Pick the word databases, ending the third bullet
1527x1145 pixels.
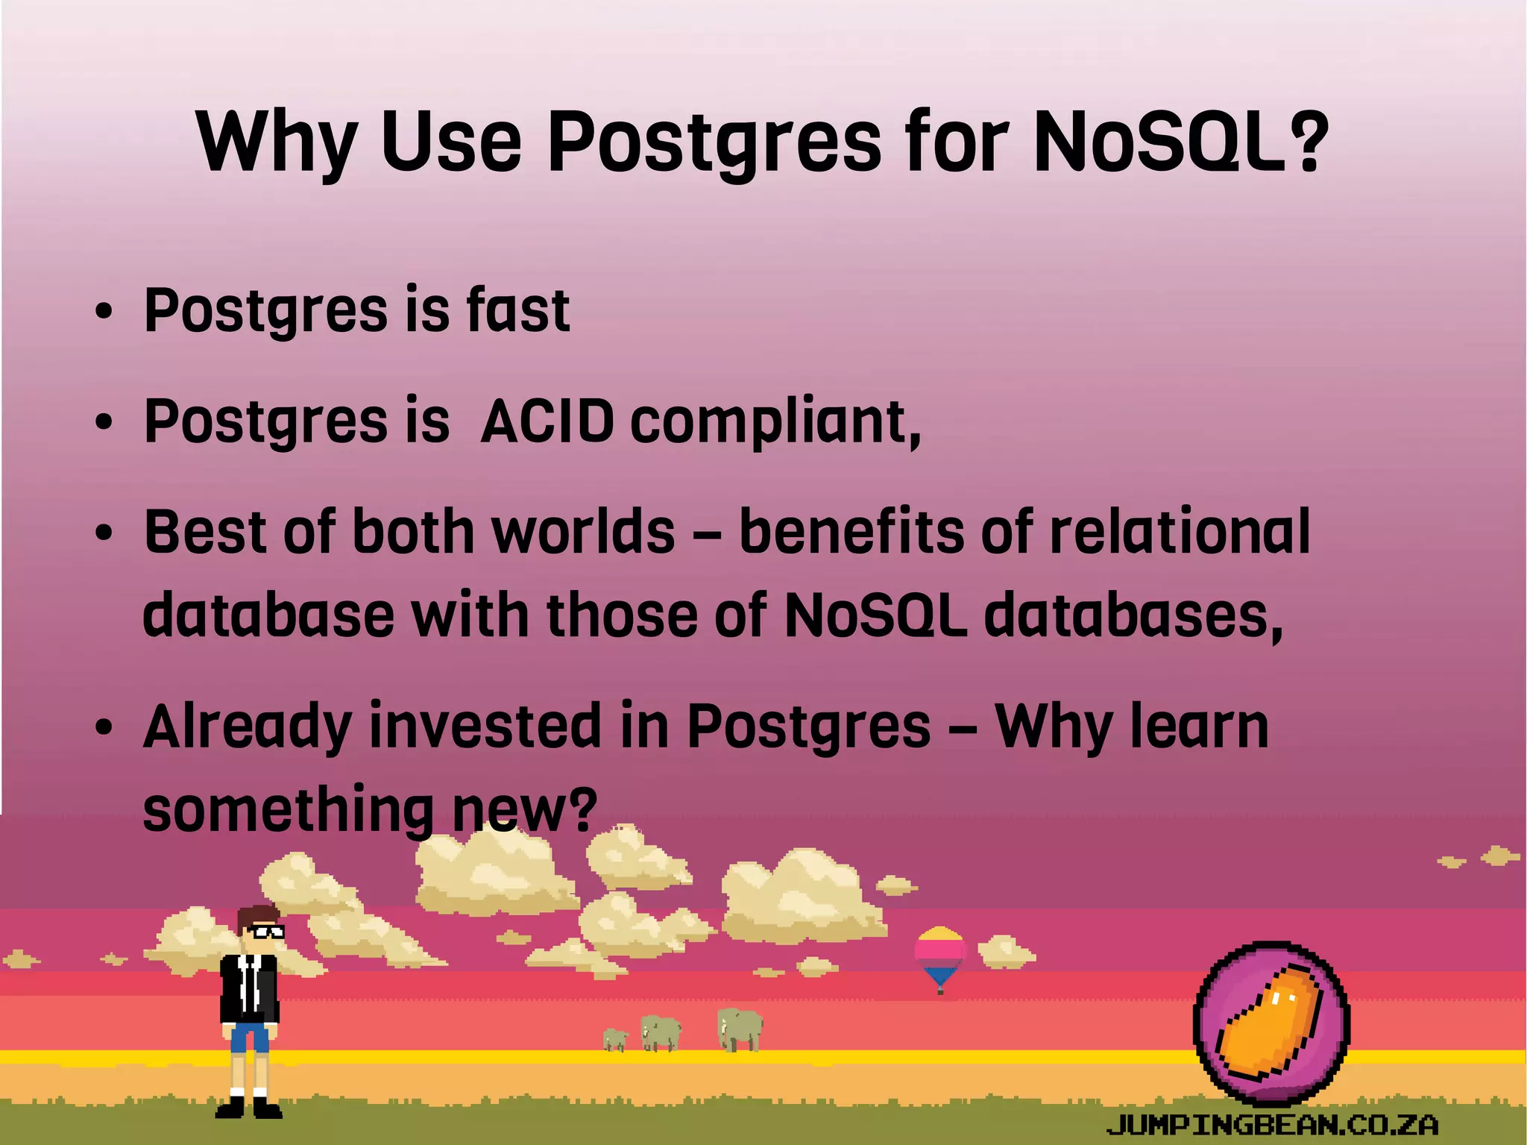coord(1133,616)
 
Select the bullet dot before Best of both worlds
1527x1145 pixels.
coord(104,534)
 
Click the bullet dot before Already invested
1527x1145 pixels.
coord(104,727)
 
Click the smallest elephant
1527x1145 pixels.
coord(615,1039)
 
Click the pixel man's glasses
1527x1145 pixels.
coord(265,932)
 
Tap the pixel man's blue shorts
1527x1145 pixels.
coord(249,1037)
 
